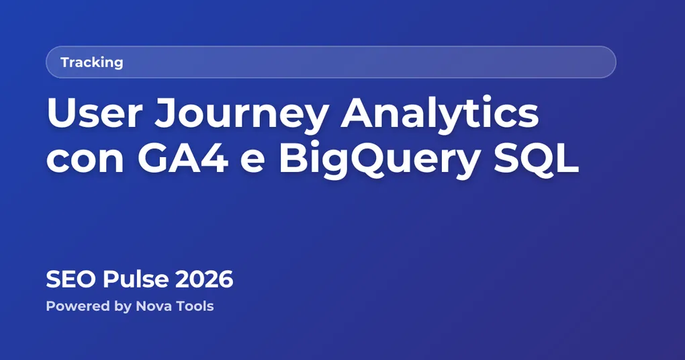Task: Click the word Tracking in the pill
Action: [91, 62]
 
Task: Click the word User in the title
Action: [95, 114]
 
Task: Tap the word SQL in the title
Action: [541, 160]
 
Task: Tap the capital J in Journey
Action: [167, 114]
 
